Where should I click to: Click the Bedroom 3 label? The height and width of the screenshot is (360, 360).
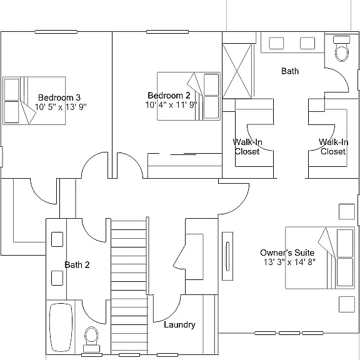(59, 97)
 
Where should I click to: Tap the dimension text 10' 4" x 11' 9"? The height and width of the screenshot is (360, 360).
(171, 105)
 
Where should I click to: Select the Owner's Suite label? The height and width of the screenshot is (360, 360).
(287, 252)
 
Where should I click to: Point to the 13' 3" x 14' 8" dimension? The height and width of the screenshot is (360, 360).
(289, 262)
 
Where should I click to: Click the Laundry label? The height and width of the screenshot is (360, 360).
(179, 324)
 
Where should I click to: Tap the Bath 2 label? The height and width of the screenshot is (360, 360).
(77, 265)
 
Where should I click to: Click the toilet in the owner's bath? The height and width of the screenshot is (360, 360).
(342, 49)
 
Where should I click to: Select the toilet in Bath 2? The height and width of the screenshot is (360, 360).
(91, 339)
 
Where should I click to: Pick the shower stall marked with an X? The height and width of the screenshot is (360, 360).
(237, 71)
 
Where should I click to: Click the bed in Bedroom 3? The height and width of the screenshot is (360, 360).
(34, 101)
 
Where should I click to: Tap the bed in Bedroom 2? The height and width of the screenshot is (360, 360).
(189, 96)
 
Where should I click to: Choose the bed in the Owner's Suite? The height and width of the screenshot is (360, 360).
(320, 258)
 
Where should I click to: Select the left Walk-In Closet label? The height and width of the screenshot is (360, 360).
(247, 147)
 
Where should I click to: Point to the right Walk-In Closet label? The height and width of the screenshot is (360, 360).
(333, 147)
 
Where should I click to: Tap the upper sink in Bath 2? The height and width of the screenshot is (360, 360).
(57, 239)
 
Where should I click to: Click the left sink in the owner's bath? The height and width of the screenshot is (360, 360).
(276, 43)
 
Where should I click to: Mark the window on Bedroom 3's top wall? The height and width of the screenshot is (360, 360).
(56, 32)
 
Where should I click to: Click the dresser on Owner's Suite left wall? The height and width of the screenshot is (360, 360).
(227, 256)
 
